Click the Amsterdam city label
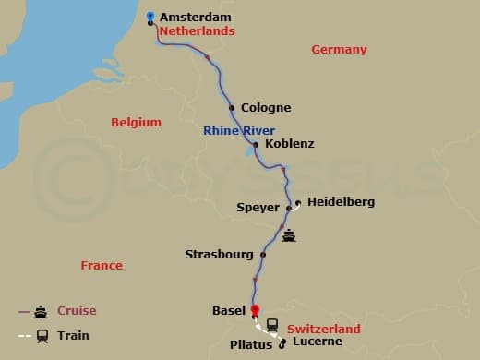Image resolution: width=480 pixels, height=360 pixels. pyautogui.click(x=195, y=17)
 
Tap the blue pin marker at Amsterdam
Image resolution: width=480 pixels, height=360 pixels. pyautogui.click(x=150, y=17)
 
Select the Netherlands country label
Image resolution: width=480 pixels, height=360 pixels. pyautogui.click(x=197, y=30)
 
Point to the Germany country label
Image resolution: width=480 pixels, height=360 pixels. pyautogui.click(x=339, y=50)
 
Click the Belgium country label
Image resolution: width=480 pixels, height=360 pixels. pyautogui.click(x=136, y=122)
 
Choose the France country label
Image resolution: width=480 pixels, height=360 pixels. pyautogui.click(x=102, y=265)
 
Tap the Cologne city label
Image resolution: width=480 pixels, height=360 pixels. pyautogui.click(x=265, y=108)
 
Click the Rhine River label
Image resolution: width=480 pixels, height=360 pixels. pyautogui.click(x=239, y=131)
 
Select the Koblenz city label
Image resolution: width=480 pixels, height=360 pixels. pyautogui.click(x=289, y=144)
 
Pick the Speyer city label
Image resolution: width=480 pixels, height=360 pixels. pyautogui.click(x=258, y=207)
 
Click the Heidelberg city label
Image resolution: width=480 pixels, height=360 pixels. pyautogui.click(x=341, y=201)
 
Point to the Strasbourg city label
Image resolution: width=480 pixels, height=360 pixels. pyautogui.click(x=219, y=253)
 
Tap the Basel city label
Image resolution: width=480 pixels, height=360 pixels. pyautogui.click(x=228, y=311)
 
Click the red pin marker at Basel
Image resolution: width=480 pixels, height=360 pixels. pyautogui.click(x=256, y=311)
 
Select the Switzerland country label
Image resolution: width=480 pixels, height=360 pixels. pyautogui.click(x=323, y=328)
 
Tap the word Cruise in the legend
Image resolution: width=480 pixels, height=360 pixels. pyautogui.click(x=76, y=311)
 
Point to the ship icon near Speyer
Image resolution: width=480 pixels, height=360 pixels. pyautogui.click(x=291, y=234)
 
